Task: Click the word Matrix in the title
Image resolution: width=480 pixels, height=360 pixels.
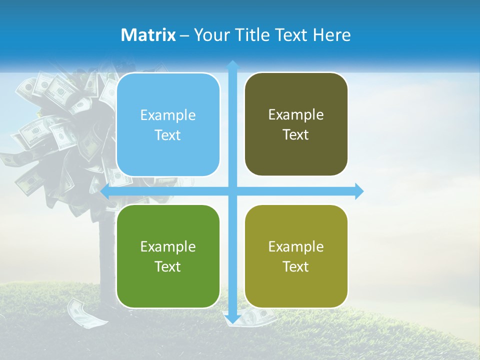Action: [148, 35]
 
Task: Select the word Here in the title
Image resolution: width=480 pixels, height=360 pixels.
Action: [332, 35]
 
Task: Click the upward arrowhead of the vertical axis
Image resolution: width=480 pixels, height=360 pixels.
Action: [232, 64]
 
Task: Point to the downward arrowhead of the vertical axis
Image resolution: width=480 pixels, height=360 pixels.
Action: [232, 319]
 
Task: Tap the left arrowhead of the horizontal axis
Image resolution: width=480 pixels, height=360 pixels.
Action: [105, 191]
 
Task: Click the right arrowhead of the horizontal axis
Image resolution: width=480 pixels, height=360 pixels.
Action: [359, 191]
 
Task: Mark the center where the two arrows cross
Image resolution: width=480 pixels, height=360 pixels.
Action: [232, 191]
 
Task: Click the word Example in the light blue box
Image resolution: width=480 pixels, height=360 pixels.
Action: [168, 115]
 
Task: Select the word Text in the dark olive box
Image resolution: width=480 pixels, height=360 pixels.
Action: [296, 134]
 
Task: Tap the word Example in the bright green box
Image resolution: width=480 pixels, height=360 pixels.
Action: [168, 247]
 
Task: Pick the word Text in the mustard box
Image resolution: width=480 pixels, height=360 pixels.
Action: [296, 266]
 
